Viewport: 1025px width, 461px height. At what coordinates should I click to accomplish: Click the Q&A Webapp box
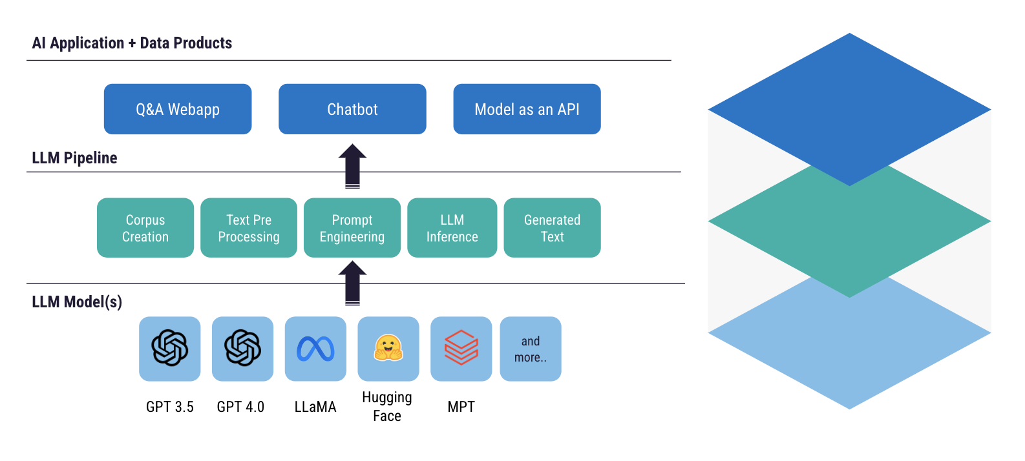178,109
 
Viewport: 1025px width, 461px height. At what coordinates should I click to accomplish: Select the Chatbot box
352,109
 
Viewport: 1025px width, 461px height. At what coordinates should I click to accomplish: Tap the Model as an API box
527,109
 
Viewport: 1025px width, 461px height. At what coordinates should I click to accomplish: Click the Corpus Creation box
145,228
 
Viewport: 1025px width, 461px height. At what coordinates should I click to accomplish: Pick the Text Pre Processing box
249,228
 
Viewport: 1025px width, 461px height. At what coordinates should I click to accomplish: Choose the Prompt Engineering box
352,228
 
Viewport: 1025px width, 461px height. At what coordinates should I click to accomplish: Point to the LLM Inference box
452,228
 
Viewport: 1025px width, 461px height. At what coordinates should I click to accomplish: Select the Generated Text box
552,228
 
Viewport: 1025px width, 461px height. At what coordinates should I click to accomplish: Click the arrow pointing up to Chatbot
352,166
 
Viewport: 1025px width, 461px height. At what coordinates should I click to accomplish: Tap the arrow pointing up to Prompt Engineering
352,283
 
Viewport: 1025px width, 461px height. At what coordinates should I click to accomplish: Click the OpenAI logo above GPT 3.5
170,348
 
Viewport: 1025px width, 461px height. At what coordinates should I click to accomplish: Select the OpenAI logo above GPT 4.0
242,348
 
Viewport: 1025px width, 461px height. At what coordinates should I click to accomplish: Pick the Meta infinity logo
315,349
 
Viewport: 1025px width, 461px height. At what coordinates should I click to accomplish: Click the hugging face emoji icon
388,348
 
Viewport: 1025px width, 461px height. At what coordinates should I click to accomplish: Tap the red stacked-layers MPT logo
461,347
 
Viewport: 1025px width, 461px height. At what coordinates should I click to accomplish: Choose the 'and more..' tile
531,349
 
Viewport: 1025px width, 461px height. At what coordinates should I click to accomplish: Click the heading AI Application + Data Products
132,43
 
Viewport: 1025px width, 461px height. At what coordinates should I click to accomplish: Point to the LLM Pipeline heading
74,158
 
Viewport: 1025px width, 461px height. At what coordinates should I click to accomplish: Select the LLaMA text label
315,407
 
